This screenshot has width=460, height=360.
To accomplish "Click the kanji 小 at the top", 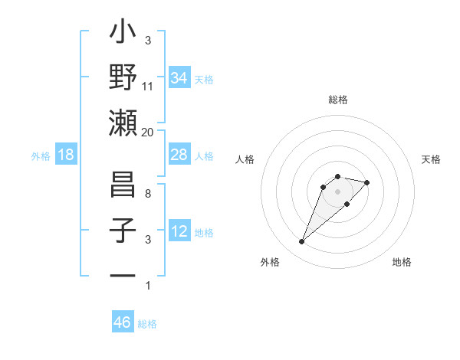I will pos(123,34).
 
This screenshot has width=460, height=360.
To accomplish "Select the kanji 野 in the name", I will pos(123,78).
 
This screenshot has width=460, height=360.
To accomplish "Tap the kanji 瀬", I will pos(123,123).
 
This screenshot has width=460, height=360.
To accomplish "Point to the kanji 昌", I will pos(123,186).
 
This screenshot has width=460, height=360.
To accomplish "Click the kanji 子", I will pos(123,231).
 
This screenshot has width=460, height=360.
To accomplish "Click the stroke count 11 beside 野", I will pos(148,87).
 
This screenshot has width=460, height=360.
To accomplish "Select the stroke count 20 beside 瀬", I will pos(148,132).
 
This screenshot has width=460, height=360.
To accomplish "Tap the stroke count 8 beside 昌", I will pos(148,195).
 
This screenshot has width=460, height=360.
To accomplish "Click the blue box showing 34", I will pos(179,77).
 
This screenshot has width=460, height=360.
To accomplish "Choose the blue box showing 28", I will pos(179,155).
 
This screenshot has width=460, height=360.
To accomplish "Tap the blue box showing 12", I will pos(179,231).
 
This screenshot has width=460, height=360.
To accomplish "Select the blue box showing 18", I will pos(66,155).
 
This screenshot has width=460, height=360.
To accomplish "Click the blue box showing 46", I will pos(123,322).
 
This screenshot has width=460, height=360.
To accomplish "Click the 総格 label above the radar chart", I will pos(338,100).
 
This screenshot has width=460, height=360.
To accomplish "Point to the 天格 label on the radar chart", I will pos(432,159).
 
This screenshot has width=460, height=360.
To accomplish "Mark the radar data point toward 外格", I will pos(302,242).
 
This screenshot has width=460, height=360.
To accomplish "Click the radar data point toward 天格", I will pos(367,182).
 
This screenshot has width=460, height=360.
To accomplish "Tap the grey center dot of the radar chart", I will pos(337,191).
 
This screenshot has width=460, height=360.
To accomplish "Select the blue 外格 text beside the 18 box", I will pos(41,155).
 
